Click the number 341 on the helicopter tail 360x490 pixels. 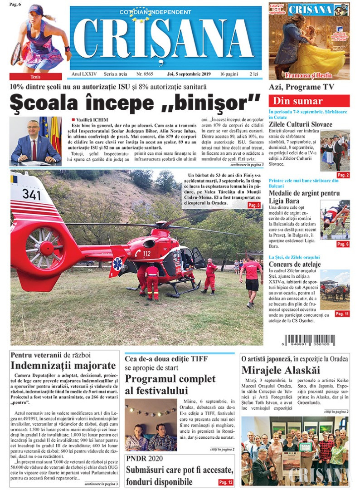(x=31, y=195)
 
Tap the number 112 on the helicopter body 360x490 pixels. (x=146, y=253)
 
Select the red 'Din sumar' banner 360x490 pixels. (x=309, y=101)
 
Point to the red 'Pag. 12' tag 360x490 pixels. (x=226, y=482)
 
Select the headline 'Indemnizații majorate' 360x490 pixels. (x=63, y=366)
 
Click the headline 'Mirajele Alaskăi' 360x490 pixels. (x=281, y=370)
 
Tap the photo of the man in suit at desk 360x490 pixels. (x=35, y=141)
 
